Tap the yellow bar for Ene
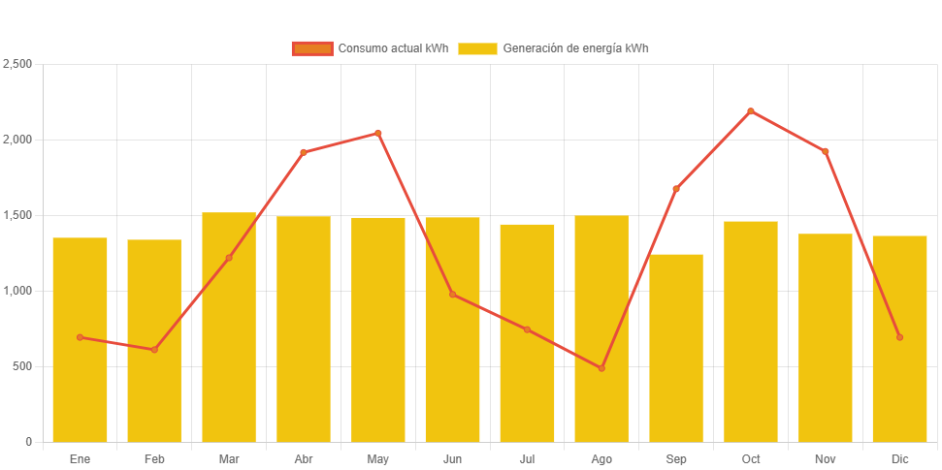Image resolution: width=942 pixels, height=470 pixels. pyautogui.click(x=80, y=339)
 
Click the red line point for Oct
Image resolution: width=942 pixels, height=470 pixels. pyautogui.click(x=751, y=111)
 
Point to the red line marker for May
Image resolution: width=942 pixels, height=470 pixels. pyautogui.click(x=378, y=133)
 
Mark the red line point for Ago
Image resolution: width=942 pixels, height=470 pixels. pyautogui.click(x=601, y=368)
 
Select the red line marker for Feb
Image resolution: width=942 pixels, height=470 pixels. pyautogui.click(x=154, y=349)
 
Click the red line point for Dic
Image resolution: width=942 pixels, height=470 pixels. pyautogui.click(x=899, y=337)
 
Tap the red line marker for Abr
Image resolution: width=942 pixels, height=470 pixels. pyautogui.click(x=304, y=152)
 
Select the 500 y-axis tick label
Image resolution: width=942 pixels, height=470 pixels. pyautogui.click(x=22, y=366)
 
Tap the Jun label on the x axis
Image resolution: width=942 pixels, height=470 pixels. pyautogui.click(x=452, y=458)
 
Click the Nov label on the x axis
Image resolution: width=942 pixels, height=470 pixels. pyautogui.click(x=826, y=458)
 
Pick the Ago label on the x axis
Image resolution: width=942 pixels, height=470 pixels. pyautogui.click(x=601, y=458)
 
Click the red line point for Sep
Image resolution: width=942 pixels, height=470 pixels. pyautogui.click(x=676, y=189)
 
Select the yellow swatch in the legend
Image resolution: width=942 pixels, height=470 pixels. pyautogui.click(x=477, y=48)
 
